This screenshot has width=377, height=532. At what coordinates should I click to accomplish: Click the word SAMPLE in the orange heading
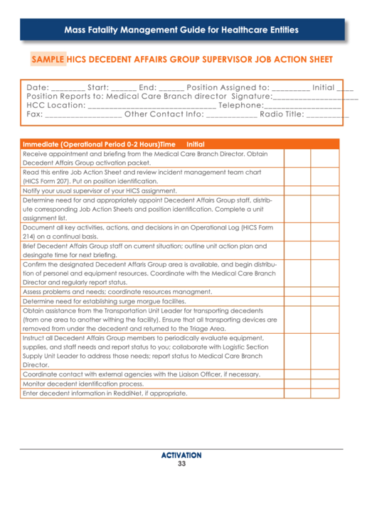pyautogui.click(x=48, y=60)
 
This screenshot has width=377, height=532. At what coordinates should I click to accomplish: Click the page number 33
pyautogui.click(x=181, y=464)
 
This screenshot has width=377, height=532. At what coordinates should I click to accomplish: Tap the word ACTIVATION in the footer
pyautogui.click(x=181, y=455)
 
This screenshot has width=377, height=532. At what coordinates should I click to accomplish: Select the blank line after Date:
pyautogui.click(x=68, y=88)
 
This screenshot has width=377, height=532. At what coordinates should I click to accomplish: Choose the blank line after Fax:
pyautogui.click(x=83, y=114)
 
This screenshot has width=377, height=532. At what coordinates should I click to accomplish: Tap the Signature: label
pyautogui.click(x=253, y=97)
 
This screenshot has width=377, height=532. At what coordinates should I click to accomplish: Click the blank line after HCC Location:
pyautogui.click(x=152, y=106)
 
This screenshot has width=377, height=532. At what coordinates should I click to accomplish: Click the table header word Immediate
pyautogui.click(x=41, y=144)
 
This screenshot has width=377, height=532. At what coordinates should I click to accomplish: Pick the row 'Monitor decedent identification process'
pyautogui.click(x=87, y=384)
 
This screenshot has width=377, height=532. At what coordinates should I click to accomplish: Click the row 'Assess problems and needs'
pyautogui.click(x=117, y=291)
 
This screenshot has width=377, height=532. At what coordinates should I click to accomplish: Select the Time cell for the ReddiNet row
pyautogui.click(x=297, y=393)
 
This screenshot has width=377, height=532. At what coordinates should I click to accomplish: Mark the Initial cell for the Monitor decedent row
pyautogui.click(x=324, y=384)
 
